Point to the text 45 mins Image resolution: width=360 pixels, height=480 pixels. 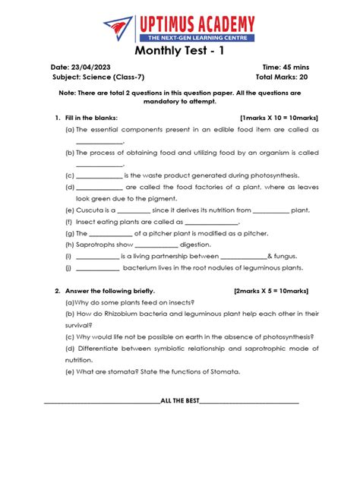click(295, 67)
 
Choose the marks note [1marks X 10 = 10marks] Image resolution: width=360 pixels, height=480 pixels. click(279, 118)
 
